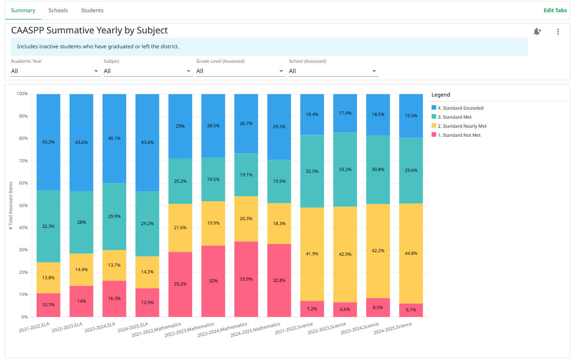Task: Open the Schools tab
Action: pos(58,10)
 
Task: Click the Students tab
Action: pos(92,10)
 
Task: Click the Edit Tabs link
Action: pos(555,10)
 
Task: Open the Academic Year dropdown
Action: pos(55,71)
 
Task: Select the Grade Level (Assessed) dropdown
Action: pos(240,71)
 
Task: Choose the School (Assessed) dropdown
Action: pos(333,71)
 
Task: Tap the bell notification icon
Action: pos(537,32)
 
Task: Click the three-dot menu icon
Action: pos(558,32)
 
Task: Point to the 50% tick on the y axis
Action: pos(22,205)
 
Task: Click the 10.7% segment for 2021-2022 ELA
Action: pos(48,305)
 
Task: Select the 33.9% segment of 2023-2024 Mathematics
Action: pos(246,279)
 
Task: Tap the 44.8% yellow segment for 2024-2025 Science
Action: pos(411,254)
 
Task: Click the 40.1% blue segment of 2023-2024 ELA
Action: pos(114,138)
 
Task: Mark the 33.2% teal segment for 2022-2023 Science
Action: pos(345,170)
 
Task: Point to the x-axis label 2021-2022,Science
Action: pos(294,328)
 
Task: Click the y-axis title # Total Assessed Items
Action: pos(11,205)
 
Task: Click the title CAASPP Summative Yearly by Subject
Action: pos(89,31)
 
